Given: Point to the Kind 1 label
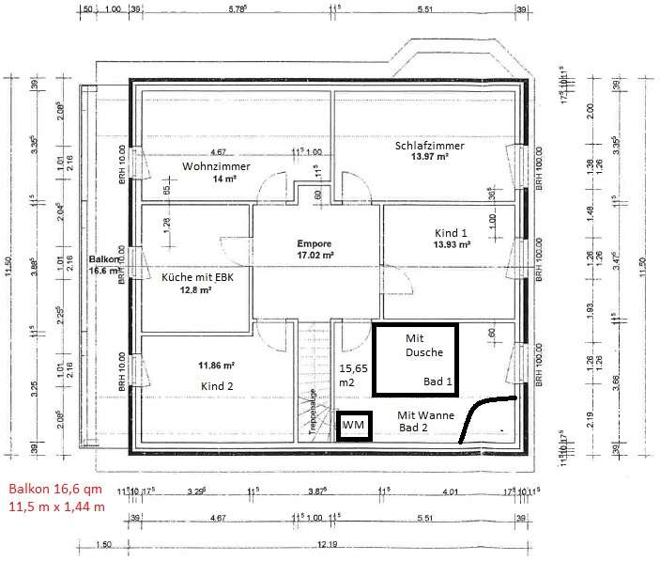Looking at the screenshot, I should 451,232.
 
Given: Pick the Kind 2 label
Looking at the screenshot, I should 215,386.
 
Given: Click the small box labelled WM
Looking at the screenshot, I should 353,426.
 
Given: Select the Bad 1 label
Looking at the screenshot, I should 437,382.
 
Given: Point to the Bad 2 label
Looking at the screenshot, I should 413,428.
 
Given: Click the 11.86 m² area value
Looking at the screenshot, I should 216,365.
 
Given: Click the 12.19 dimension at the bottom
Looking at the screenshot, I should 326,544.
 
